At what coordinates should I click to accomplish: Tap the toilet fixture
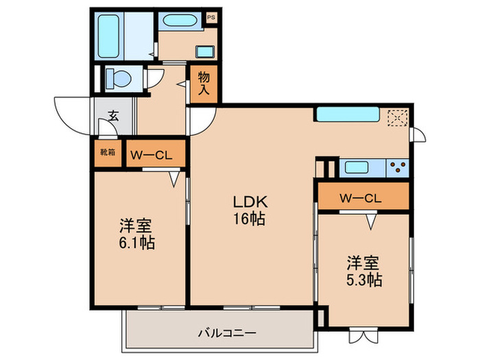pos(119,79)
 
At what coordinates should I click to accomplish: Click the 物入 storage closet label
pos(204,84)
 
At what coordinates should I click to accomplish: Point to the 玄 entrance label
pos(113,116)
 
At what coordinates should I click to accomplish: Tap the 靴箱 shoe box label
pos(108,154)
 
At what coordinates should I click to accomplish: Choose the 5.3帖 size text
pos(363,280)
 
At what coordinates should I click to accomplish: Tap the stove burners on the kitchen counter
pos(397,166)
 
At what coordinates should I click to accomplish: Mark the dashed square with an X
pos(397,117)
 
